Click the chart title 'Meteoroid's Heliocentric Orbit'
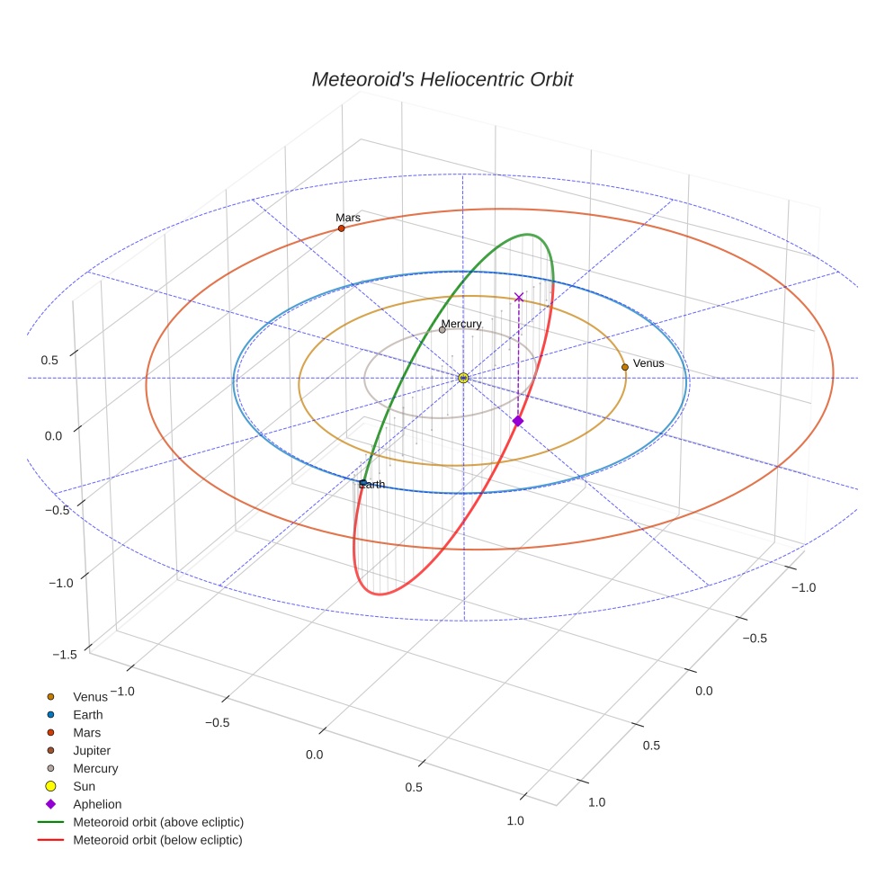click(442, 80)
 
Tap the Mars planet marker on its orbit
click(341, 228)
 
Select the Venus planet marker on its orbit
click(625, 367)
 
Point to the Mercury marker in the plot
click(442, 330)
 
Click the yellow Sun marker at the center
click(463, 378)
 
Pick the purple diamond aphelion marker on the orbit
click(517, 421)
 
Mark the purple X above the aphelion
click(518, 297)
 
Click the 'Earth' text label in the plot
click(371, 485)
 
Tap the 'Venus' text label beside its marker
click(648, 363)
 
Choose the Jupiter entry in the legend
click(92, 750)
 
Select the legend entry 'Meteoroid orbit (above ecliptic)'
click(158, 822)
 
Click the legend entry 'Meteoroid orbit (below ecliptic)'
click(157, 840)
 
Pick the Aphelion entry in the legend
click(97, 804)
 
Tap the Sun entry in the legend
click(84, 786)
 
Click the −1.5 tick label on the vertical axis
click(64, 655)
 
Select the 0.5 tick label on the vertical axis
click(49, 361)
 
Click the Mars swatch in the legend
click(51, 733)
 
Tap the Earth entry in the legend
click(88, 715)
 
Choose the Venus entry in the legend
click(90, 697)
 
